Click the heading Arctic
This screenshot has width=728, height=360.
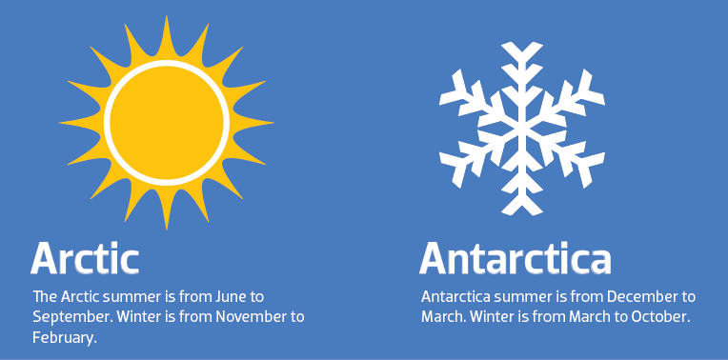pyautogui.click(x=86, y=258)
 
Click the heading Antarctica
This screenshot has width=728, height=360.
pyautogui.click(x=516, y=258)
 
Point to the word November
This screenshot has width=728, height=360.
pyautogui.click(x=243, y=316)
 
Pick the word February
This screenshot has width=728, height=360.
pyautogui.click(x=63, y=336)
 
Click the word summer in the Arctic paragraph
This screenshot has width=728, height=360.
pyautogui.click(x=135, y=296)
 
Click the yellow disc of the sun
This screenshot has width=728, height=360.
pyautogui.click(x=167, y=124)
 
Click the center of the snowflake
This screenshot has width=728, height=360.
pyautogui.click(x=521, y=128)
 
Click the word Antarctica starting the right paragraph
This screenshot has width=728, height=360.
pyautogui.click(x=453, y=296)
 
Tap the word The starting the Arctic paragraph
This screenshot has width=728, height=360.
pyautogui.click(x=44, y=296)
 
